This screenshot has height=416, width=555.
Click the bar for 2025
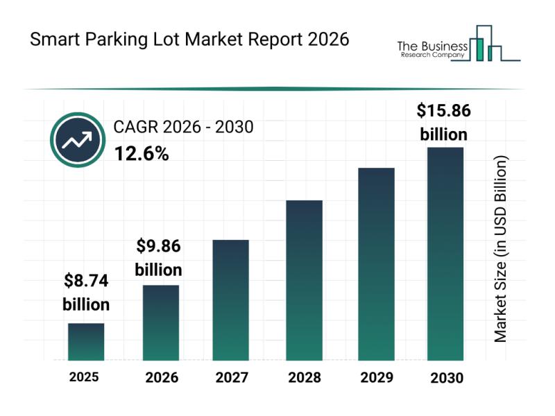click(86, 342)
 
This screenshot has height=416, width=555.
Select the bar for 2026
click(161, 322)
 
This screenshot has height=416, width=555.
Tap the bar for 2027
click(231, 300)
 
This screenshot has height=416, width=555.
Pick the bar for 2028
click(305, 280)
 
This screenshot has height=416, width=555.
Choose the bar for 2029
click(376, 264)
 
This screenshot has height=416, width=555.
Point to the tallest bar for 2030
click(445, 254)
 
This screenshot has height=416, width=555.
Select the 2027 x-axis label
click(231, 378)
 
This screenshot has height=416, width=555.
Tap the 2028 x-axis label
click(305, 378)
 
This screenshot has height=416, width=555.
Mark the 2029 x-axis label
click(376, 378)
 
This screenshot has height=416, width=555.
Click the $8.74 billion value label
click(86, 293)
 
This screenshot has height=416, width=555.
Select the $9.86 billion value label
click(158, 256)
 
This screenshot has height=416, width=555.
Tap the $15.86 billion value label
click(444, 121)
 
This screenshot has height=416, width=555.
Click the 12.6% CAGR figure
click(141, 154)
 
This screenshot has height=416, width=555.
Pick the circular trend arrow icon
click(77, 141)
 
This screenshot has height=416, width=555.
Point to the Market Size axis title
click(501, 248)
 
